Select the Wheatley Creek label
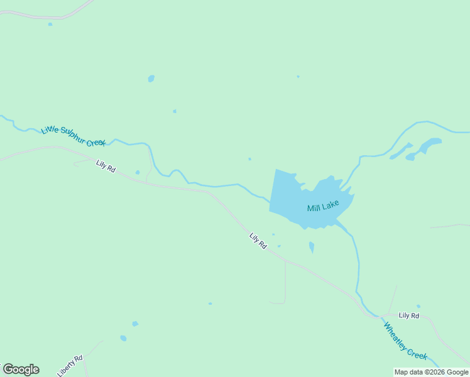click(x=405, y=341)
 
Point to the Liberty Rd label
click(x=70, y=366)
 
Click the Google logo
click(x=21, y=369)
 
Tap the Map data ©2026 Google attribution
click(x=431, y=372)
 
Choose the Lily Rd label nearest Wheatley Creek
click(x=408, y=315)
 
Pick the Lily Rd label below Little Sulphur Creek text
click(x=106, y=167)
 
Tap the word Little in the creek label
click(x=50, y=130)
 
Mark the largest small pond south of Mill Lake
click(x=312, y=247)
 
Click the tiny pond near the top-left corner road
click(x=50, y=25)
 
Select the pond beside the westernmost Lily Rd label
click(x=138, y=172)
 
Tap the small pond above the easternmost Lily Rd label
click(x=418, y=307)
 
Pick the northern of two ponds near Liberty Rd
click(x=135, y=324)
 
